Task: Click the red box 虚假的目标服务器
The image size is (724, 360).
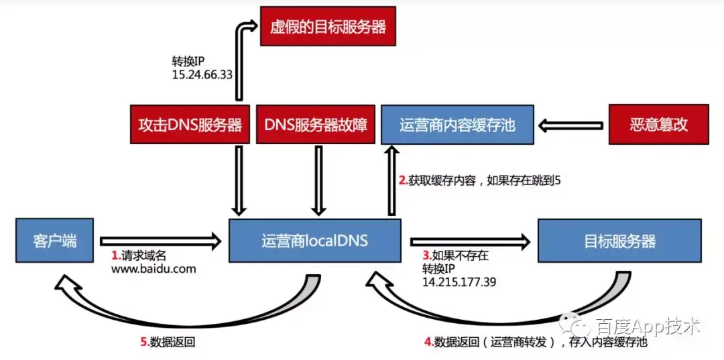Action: click(327, 27)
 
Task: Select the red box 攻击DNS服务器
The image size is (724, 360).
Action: click(190, 124)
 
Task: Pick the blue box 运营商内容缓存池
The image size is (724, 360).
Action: click(457, 124)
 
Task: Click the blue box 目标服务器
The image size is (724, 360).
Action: click(619, 241)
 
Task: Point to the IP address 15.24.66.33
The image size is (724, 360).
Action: click(202, 74)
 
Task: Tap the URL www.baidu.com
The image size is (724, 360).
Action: click(154, 269)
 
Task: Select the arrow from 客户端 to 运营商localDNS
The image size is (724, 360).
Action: click(160, 239)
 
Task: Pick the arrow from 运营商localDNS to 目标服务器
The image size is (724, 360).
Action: click(469, 240)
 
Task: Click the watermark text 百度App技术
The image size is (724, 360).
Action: click(647, 327)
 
